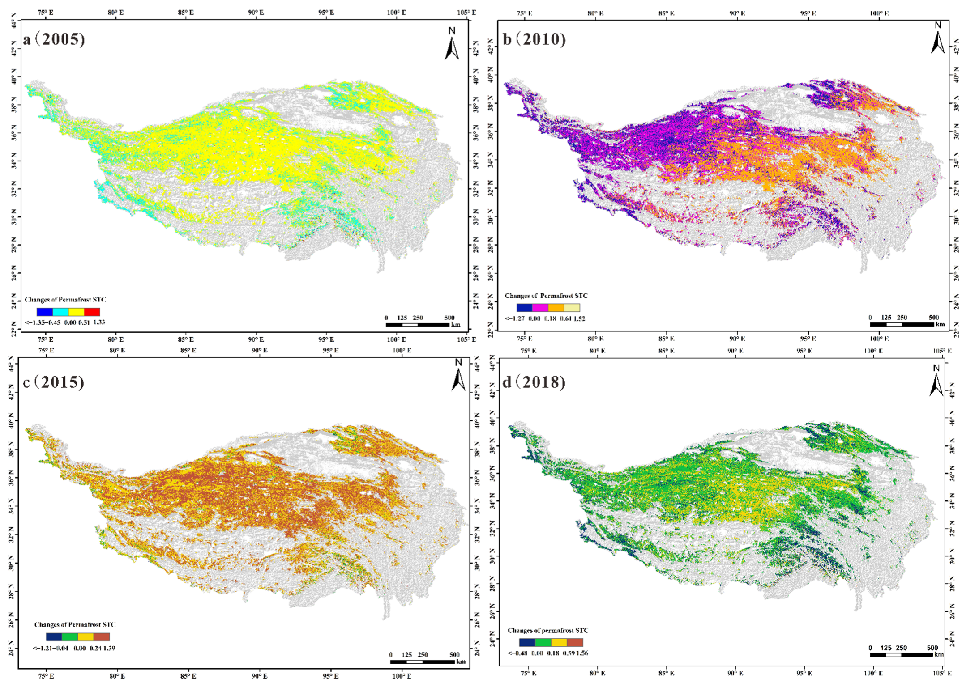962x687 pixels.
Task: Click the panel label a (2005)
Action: tap(54, 39)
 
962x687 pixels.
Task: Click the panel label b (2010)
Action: tap(534, 39)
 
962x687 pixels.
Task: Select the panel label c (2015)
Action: tap(54, 382)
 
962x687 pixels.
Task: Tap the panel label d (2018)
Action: tap(534, 382)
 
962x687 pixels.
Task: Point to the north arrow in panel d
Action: tap(936, 381)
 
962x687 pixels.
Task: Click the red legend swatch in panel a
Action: tap(92, 312)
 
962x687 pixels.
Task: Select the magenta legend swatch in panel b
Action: tap(540, 308)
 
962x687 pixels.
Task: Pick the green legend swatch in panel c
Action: tap(70, 637)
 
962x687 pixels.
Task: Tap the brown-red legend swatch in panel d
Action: tap(575, 642)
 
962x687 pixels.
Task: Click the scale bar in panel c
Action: tap(422, 662)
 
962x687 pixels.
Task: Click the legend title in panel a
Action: tap(65, 300)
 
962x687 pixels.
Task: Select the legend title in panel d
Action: tap(547, 630)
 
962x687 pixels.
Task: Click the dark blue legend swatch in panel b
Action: tap(524, 308)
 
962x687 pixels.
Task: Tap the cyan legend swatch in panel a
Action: tap(60, 312)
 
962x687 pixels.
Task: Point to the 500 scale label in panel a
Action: tap(449, 318)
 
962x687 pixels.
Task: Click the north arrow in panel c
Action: tap(458, 375)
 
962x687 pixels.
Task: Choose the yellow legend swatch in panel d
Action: tap(559, 642)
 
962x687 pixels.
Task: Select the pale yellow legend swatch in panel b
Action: tap(572, 308)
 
